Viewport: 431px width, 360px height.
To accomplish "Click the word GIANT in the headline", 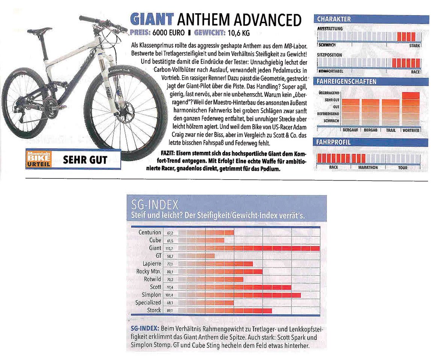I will tap(152, 19).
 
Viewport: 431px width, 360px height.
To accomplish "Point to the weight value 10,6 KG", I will tap(237, 33).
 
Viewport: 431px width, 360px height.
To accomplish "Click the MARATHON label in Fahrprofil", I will tap(368, 167).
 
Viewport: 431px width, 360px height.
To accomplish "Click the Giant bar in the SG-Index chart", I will tap(248, 248).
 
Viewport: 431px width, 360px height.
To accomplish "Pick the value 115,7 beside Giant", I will tap(170, 248).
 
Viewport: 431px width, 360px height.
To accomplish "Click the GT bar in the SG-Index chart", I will tap(196, 255).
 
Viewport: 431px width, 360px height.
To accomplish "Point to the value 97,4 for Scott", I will tap(170, 287).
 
